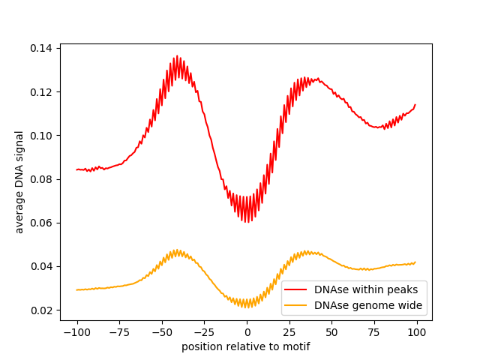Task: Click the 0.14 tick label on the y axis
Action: coord(42,48)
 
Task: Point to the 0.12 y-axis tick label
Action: coord(42,91)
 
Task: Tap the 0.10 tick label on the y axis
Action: coord(42,135)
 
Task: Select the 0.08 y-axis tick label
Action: coord(42,179)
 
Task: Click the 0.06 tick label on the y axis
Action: coord(42,223)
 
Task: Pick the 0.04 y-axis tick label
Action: coord(42,266)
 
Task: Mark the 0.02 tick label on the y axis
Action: coord(42,310)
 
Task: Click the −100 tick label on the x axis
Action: coord(76,331)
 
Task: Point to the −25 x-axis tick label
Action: coord(204,331)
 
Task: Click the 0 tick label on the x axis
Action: coord(247,331)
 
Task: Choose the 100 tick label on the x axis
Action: coord(417,331)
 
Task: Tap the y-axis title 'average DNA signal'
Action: coord(19,181)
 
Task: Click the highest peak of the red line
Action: coord(177,56)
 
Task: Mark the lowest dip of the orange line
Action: coord(247,307)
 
